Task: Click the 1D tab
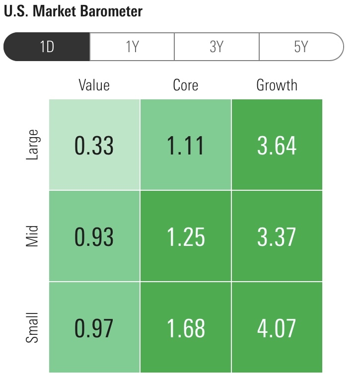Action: tap(47, 47)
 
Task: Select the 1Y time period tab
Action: tap(132, 47)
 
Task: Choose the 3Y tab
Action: tap(216, 47)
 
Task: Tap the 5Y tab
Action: tap(301, 47)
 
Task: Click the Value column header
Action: tap(94, 85)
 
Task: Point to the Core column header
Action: tap(185, 85)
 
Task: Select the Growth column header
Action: tap(277, 85)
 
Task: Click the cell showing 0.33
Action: tap(94, 145)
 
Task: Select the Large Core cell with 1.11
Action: tap(185, 145)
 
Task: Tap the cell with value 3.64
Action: tap(277, 145)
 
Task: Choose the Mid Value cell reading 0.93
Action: tap(94, 236)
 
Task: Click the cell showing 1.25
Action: tap(185, 236)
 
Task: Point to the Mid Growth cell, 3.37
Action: tap(277, 236)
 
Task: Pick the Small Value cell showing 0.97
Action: tap(94, 328)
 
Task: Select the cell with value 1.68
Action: tap(185, 328)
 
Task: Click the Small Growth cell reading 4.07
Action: tap(277, 328)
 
